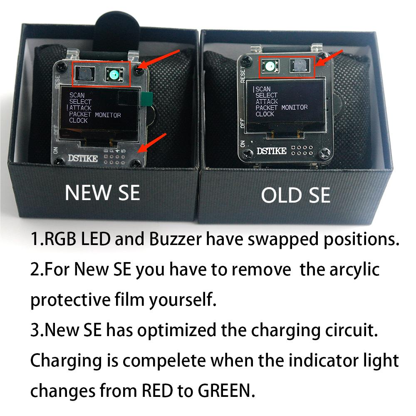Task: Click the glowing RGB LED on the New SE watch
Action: click(114, 74)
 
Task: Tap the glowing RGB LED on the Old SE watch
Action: click(270, 66)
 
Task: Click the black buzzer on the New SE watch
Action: click(85, 73)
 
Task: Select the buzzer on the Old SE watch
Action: click(300, 65)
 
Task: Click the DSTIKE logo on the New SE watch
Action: click(83, 158)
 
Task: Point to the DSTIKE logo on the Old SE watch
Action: click(271, 151)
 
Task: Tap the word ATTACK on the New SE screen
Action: click(80, 108)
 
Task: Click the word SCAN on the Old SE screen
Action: click(263, 89)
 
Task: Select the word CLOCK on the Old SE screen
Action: click(265, 114)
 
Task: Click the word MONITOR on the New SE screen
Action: click(108, 115)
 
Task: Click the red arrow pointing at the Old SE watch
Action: click(329, 58)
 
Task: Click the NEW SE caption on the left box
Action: click(102, 193)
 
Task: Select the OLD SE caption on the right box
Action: click(296, 195)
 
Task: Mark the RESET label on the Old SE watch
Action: click(243, 74)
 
